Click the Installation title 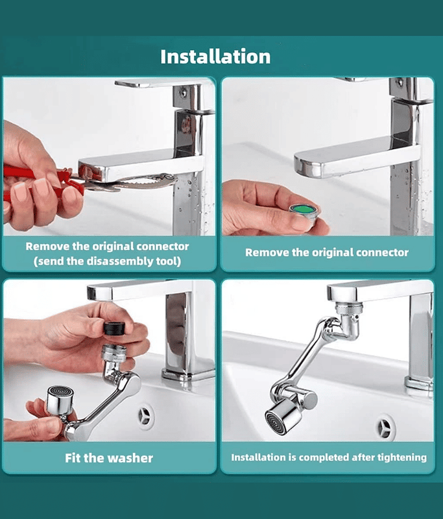pos(215,56)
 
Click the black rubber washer pos(114,328)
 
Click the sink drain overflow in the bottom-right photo pos(385,427)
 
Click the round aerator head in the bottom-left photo pos(60,400)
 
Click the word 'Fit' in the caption pos(73,458)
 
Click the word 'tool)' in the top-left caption pos(169,261)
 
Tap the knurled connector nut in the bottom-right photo pos(349,308)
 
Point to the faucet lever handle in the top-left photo pos(158,84)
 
